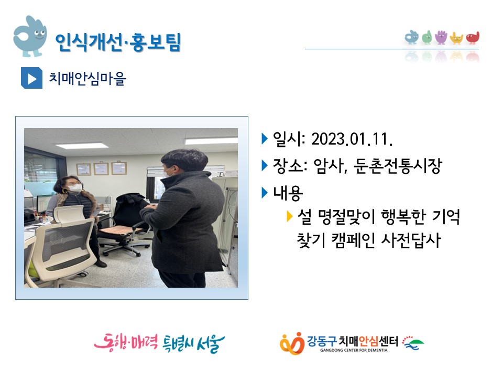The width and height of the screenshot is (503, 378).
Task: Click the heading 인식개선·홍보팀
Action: click(118, 42)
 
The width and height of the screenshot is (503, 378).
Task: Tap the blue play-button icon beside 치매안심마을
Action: click(31, 78)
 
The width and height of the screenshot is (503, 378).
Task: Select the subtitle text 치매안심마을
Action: click(88, 78)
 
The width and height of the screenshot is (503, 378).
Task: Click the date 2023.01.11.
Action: click(352, 139)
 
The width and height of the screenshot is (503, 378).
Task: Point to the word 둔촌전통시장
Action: click(398, 166)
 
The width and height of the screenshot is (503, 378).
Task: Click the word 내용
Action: click(288, 193)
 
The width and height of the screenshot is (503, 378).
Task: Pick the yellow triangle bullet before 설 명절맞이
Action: click(289, 216)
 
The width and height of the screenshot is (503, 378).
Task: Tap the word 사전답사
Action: click(411, 240)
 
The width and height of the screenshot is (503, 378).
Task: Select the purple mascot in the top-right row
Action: click(441, 37)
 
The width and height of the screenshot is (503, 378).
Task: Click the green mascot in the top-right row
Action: click(427, 37)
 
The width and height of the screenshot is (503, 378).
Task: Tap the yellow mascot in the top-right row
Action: click(456, 38)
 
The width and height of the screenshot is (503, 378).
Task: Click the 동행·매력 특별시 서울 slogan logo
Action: click(159, 343)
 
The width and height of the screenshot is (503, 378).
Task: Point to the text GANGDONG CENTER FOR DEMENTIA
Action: click(354, 350)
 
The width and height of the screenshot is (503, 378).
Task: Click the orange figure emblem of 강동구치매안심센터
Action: click(292, 343)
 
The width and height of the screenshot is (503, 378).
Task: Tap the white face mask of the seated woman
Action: click(75, 188)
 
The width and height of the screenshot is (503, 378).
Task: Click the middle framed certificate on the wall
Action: click(101, 168)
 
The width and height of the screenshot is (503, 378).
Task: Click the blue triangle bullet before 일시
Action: click(265, 139)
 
